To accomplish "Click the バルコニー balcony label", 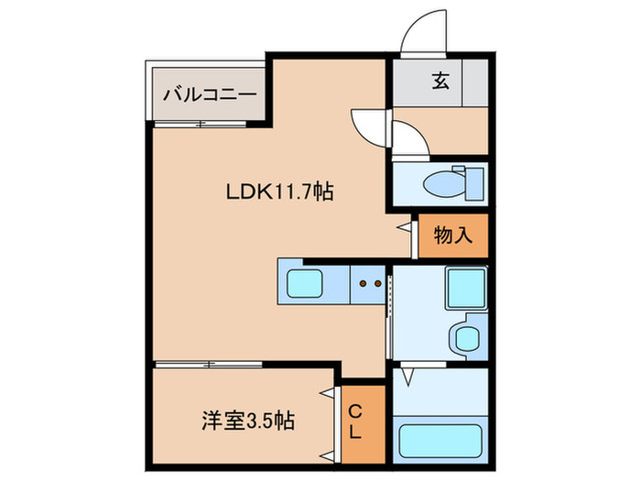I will click(x=208, y=93).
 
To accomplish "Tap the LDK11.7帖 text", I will click(x=279, y=192).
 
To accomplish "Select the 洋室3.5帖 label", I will click(x=247, y=422).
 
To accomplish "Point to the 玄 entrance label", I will click(x=440, y=81).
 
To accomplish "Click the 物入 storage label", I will click(x=452, y=235).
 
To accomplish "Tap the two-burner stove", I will click(x=370, y=284).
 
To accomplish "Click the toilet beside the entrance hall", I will click(x=449, y=184).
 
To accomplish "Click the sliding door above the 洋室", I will click(x=210, y=365).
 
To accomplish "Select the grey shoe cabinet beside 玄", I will click(x=475, y=82).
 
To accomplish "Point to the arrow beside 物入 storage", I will click(x=404, y=225).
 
